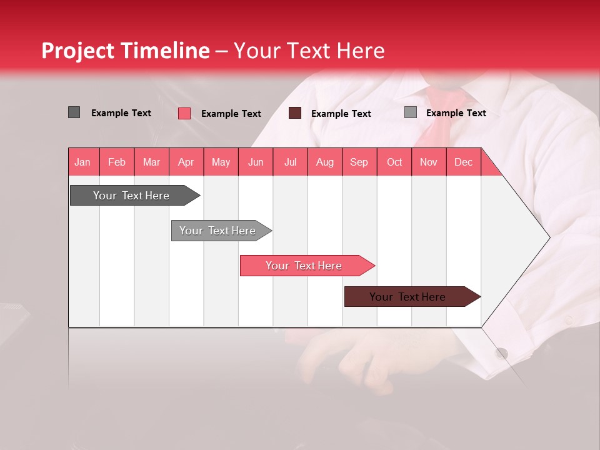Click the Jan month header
[82, 162]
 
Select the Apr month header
[186, 162]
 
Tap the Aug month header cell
[324, 162]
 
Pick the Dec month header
[463, 162]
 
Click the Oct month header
[394, 162]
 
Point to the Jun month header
[255, 162]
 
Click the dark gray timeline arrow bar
[131, 196]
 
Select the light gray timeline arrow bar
[217, 231]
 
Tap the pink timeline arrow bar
[304, 266]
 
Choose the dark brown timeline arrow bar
[407, 297]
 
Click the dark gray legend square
[74, 112]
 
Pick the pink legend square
[184, 113]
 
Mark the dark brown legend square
[295, 113]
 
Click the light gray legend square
[410, 112]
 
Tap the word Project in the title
[77, 51]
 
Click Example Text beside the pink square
[231, 114]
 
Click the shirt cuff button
[501, 353]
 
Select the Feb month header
[117, 162]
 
